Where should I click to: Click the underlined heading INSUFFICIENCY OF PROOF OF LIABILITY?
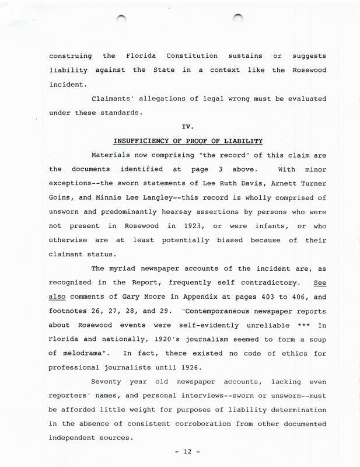pyautogui.click(x=188, y=141)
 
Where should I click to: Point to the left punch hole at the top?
pyautogui.click(x=121, y=20)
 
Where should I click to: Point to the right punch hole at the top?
pyautogui.click(x=238, y=19)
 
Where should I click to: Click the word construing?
pyautogui.click(x=70, y=56)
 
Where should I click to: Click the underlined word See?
pyautogui.click(x=320, y=283)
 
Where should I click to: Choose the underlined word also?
pyautogui.click(x=60, y=297)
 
